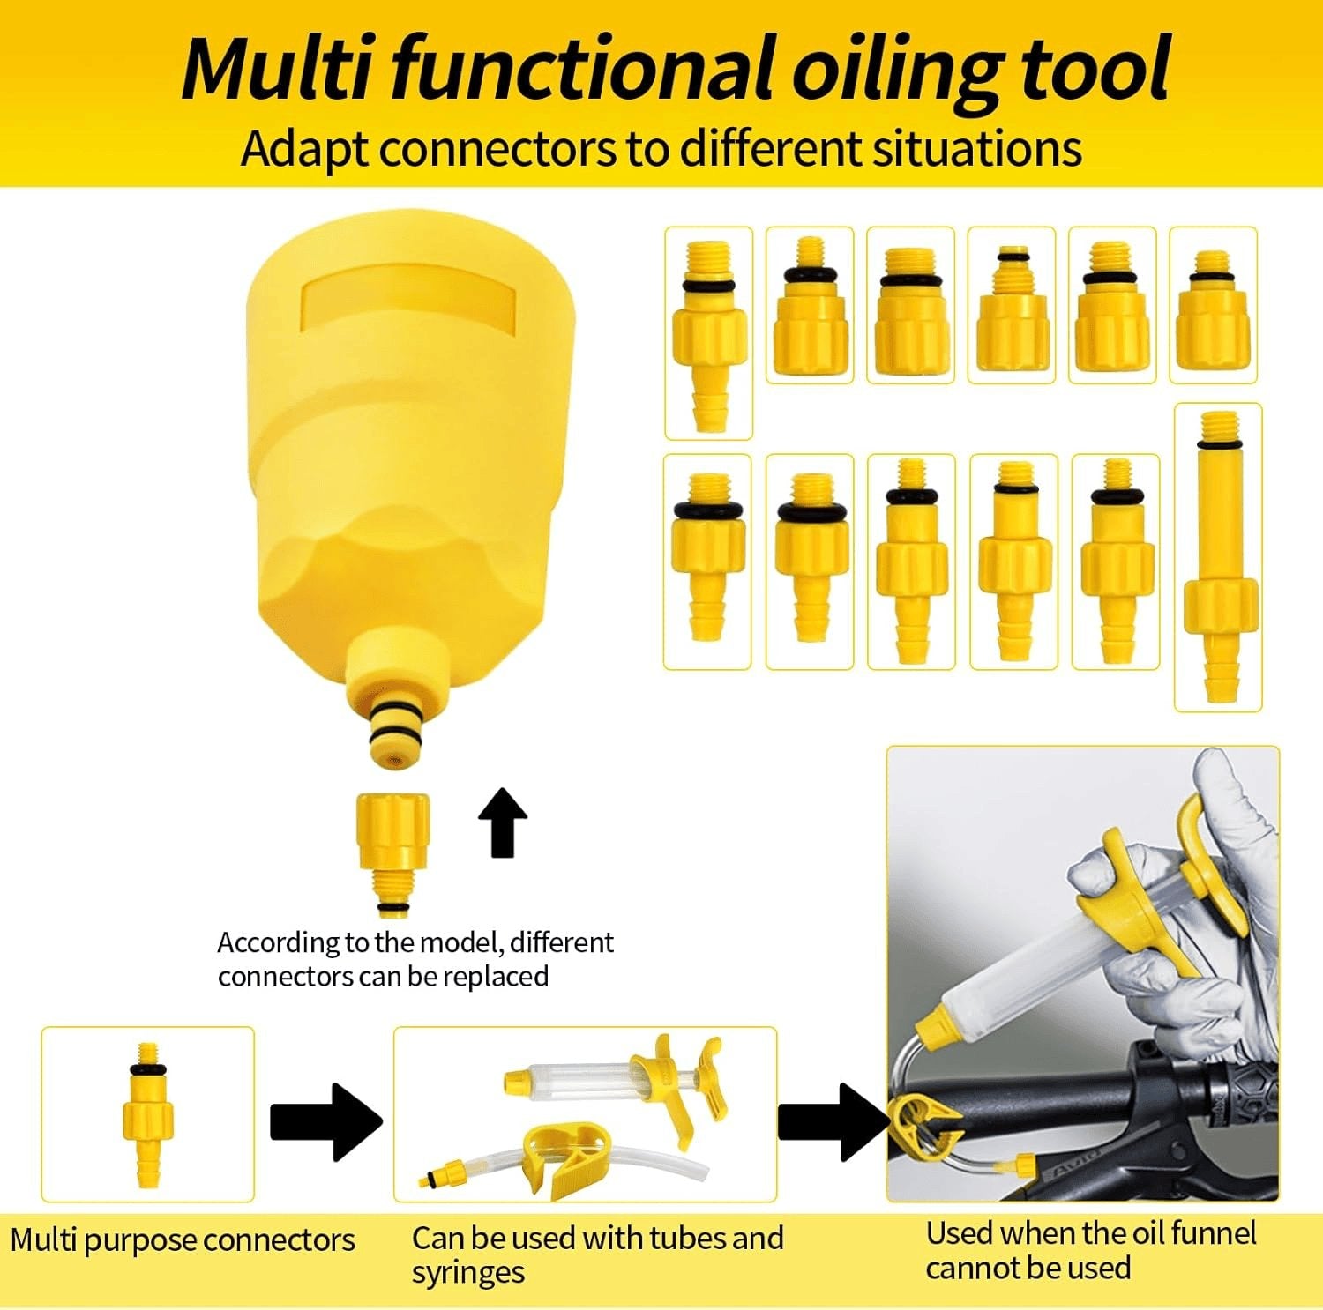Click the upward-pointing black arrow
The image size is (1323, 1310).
503,822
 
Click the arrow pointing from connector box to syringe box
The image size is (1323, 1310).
325,1121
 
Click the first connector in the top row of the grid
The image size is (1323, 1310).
708,333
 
